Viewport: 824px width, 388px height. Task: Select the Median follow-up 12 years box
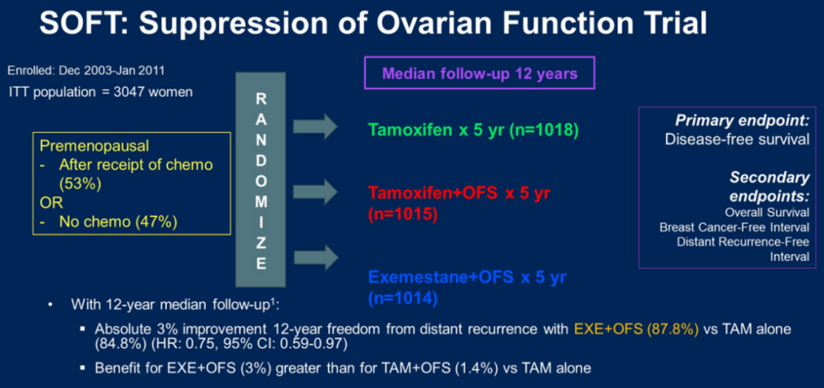(479, 74)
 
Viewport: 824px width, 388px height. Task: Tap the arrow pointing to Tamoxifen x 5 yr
(314, 125)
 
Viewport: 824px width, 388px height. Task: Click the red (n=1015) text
(403, 214)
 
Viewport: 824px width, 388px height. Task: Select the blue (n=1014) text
(403, 298)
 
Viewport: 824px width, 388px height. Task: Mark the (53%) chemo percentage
(78, 184)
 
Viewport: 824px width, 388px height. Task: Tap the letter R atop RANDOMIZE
(260, 99)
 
